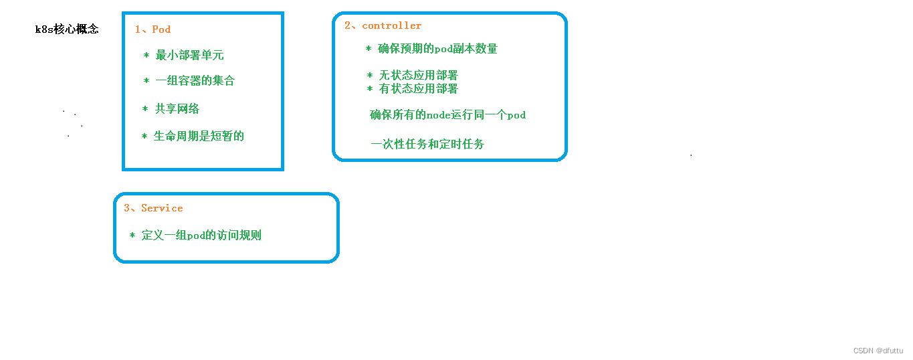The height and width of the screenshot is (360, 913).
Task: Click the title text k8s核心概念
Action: (x=67, y=29)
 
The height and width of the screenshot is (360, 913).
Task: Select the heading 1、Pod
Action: (x=153, y=29)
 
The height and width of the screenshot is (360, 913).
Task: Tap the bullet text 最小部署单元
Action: (x=189, y=55)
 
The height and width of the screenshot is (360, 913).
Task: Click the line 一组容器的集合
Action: (x=195, y=81)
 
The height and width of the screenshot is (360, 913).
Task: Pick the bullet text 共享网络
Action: (x=177, y=108)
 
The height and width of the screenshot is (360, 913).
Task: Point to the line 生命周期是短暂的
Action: (x=199, y=137)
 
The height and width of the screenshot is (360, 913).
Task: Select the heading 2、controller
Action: (x=383, y=26)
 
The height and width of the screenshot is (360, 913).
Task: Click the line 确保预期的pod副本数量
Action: (x=437, y=49)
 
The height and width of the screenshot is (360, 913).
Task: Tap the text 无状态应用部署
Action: (x=418, y=76)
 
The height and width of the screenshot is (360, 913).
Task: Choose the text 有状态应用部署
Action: (x=418, y=89)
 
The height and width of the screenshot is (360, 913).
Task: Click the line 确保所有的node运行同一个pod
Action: (x=447, y=115)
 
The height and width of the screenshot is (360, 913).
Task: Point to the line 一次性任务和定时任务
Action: (x=427, y=144)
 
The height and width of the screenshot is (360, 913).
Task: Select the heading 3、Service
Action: (x=153, y=208)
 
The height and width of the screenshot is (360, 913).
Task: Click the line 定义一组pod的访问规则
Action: (x=201, y=236)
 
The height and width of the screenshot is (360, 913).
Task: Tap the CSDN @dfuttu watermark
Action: (x=878, y=351)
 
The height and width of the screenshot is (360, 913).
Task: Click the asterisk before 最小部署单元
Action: (x=146, y=55)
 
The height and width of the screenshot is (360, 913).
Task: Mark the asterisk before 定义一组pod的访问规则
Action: (x=132, y=236)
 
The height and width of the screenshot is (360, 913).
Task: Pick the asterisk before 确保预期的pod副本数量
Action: (x=369, y=49)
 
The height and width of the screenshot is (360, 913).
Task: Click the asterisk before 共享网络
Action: (x=145, y=108)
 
